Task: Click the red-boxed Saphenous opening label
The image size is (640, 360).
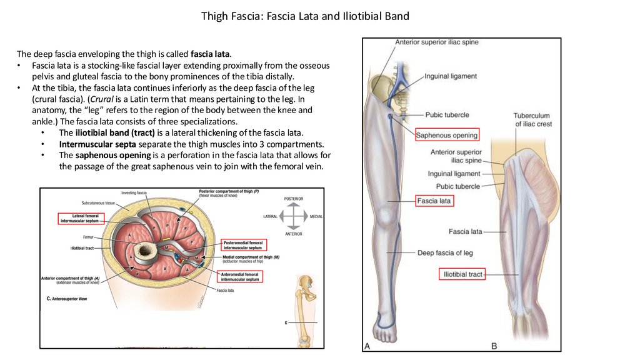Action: click(447, 134)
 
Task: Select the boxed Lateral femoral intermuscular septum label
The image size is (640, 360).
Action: click(79, 218)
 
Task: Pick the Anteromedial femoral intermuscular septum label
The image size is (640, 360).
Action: click(239, 276)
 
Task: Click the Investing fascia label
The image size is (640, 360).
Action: click(133, 192)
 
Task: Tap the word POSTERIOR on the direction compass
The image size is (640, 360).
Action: click(293, 199)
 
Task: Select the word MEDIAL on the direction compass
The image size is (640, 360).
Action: click(316, 217)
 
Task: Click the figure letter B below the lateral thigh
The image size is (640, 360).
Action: click(494, 346)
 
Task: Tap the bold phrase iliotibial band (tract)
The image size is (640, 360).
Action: click(112, 133)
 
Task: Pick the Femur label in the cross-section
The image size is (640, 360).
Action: click(88, 237)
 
